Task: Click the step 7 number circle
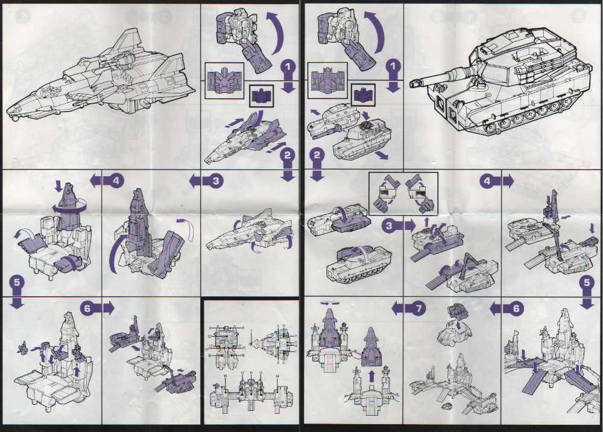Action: click(417, 308)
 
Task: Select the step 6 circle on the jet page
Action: click(88, 308)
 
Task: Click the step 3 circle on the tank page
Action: click(390, 225)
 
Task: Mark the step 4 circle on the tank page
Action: click(490, 180)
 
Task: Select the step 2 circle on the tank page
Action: click(317, 156)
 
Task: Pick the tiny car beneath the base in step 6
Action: click(447, 407)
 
